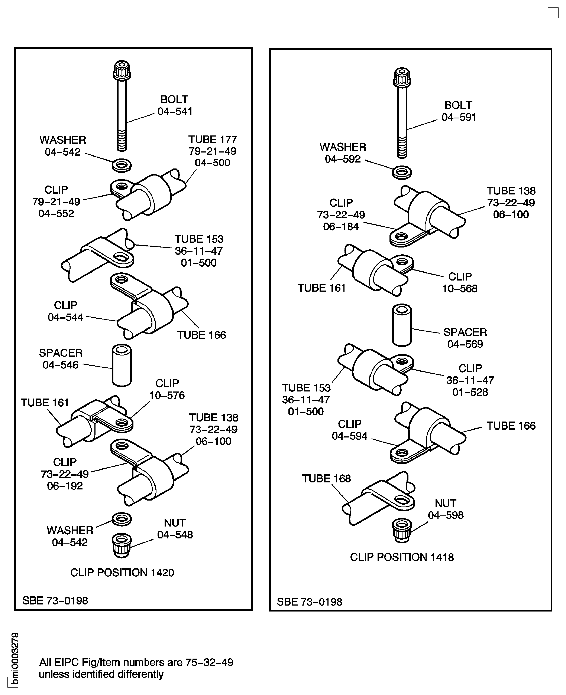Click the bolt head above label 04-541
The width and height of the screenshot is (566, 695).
122,70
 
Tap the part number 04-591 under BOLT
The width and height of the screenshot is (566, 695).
459,117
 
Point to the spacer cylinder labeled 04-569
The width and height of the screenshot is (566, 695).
402,325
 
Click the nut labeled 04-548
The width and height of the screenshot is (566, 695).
122,545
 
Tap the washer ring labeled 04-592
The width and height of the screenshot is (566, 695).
402,172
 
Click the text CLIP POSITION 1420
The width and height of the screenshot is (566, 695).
122,572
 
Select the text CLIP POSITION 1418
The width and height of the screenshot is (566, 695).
402,557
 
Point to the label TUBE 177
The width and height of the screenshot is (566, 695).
213,139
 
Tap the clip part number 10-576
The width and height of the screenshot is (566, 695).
167,395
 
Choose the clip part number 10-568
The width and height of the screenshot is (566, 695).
460,289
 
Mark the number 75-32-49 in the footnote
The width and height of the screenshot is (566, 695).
209,662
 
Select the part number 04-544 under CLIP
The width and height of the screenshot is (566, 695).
65,317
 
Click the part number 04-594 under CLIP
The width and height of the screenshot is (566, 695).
349,436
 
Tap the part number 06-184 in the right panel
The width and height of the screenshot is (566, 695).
341,227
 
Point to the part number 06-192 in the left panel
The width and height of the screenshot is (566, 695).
65,486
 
